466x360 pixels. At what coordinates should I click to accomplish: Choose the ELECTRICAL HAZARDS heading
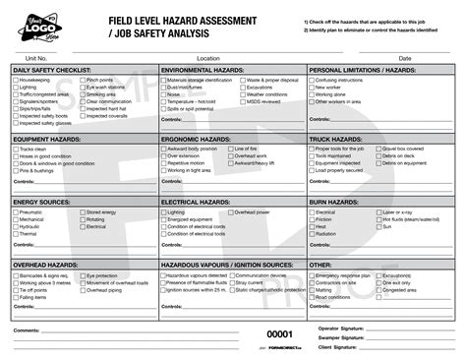tap(195, 202)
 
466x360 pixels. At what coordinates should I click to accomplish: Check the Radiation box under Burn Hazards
tap(313, 234)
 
